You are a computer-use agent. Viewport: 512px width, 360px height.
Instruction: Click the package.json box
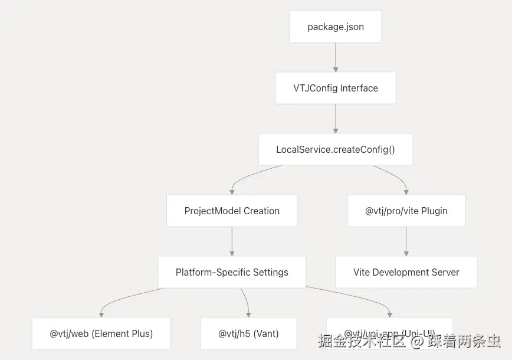(x=336, y=27)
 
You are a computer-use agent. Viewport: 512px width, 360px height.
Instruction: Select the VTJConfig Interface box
(x=336, y=88)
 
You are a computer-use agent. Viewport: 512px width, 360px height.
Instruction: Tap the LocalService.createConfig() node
(x=336, y=149)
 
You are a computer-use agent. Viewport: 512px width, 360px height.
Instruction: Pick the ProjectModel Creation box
(x=232, y=211)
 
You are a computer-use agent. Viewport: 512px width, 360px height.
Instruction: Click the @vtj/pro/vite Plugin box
(x=406, y=211)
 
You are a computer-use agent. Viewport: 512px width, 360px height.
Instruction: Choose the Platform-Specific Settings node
(x=232, y=272)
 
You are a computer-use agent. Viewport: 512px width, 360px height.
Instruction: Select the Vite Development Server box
(x=406, y=272)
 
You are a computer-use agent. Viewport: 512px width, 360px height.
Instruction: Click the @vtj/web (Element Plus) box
(x=101, y=333)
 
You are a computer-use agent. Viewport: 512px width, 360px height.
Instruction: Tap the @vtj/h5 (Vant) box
(x=248, y=333)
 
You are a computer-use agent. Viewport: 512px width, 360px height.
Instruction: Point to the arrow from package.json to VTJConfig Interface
(x=336, y=57)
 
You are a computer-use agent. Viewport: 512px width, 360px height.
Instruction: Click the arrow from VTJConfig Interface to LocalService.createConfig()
(x=336, y=119)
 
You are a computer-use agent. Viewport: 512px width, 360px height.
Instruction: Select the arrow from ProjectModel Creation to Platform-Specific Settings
(x=232, y=241)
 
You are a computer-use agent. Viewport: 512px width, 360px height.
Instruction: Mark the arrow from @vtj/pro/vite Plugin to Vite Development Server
(x=406, y=241)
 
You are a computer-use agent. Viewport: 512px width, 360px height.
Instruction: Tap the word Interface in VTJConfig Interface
(x=355, y=88)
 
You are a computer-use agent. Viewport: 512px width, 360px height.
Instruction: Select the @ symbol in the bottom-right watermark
(x=418, y=341)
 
